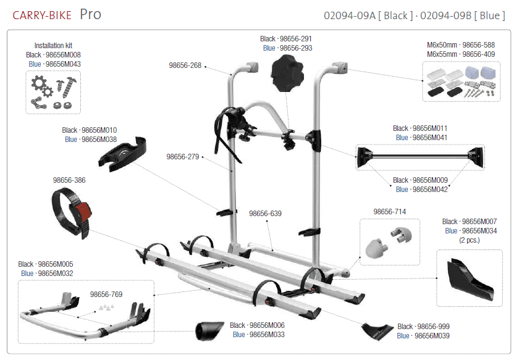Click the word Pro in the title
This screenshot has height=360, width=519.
tap(90, 15)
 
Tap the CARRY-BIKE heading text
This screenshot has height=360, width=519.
tap(42, 15)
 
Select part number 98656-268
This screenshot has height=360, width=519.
tap(185, 65)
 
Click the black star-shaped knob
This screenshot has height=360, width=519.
tap(287, 73)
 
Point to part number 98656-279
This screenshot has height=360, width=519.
tap(183, 157)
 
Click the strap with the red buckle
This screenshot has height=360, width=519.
tap(72, 212)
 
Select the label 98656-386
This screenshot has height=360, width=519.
tap(69, 180)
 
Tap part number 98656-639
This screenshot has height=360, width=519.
tap(265, 214)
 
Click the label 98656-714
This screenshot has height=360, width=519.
tap(390, 212)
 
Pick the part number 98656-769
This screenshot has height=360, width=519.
tap(106, 295)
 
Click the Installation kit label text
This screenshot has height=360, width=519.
tap(53, 46)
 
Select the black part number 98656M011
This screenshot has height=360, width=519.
tap(430, 128)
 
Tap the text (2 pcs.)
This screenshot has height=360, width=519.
tap(470, 240)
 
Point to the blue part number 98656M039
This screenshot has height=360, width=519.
tap(432, 336)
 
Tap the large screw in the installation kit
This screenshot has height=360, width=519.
tap(70, 86)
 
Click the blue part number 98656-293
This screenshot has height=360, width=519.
tap(296, 48)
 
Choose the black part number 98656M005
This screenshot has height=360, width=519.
tap(56, 264)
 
